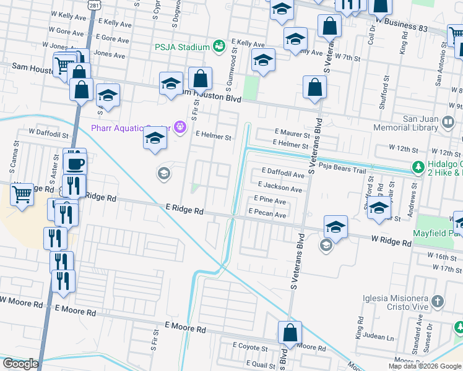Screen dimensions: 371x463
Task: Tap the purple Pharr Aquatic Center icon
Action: click(180, 127)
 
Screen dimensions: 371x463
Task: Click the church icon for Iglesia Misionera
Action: click(438, 302)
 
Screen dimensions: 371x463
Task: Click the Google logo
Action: click(20, 364)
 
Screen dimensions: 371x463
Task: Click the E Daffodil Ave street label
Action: click(283, 174)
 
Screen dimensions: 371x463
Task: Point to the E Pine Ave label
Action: click(270, 200)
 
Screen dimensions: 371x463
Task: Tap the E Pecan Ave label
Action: click(267, 215)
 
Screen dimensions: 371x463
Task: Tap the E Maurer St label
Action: click(292, 134)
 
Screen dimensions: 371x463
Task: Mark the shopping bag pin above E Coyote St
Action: click(290, 333)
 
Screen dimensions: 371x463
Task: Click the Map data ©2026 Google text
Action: click(425, 366)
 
